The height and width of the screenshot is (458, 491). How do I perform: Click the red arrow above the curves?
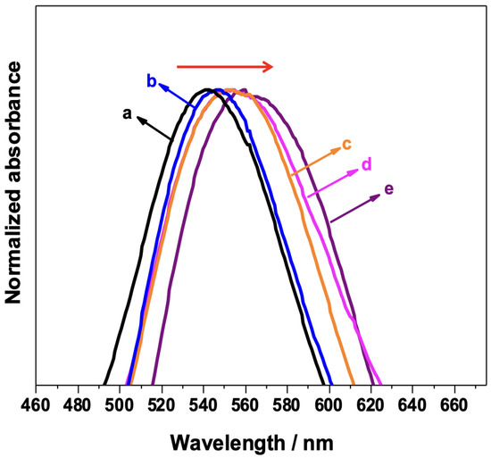(226, 66)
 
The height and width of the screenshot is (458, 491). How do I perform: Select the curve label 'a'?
(128, 113)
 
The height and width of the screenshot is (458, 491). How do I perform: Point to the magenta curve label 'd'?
(366, 165)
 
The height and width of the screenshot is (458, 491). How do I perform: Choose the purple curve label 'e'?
(388, 188)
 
